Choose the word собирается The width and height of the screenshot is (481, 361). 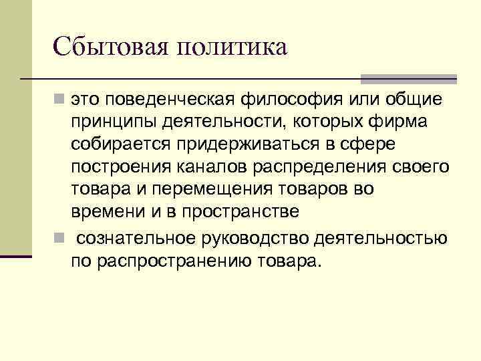(121, 144)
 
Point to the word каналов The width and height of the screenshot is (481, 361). (207, 167)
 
